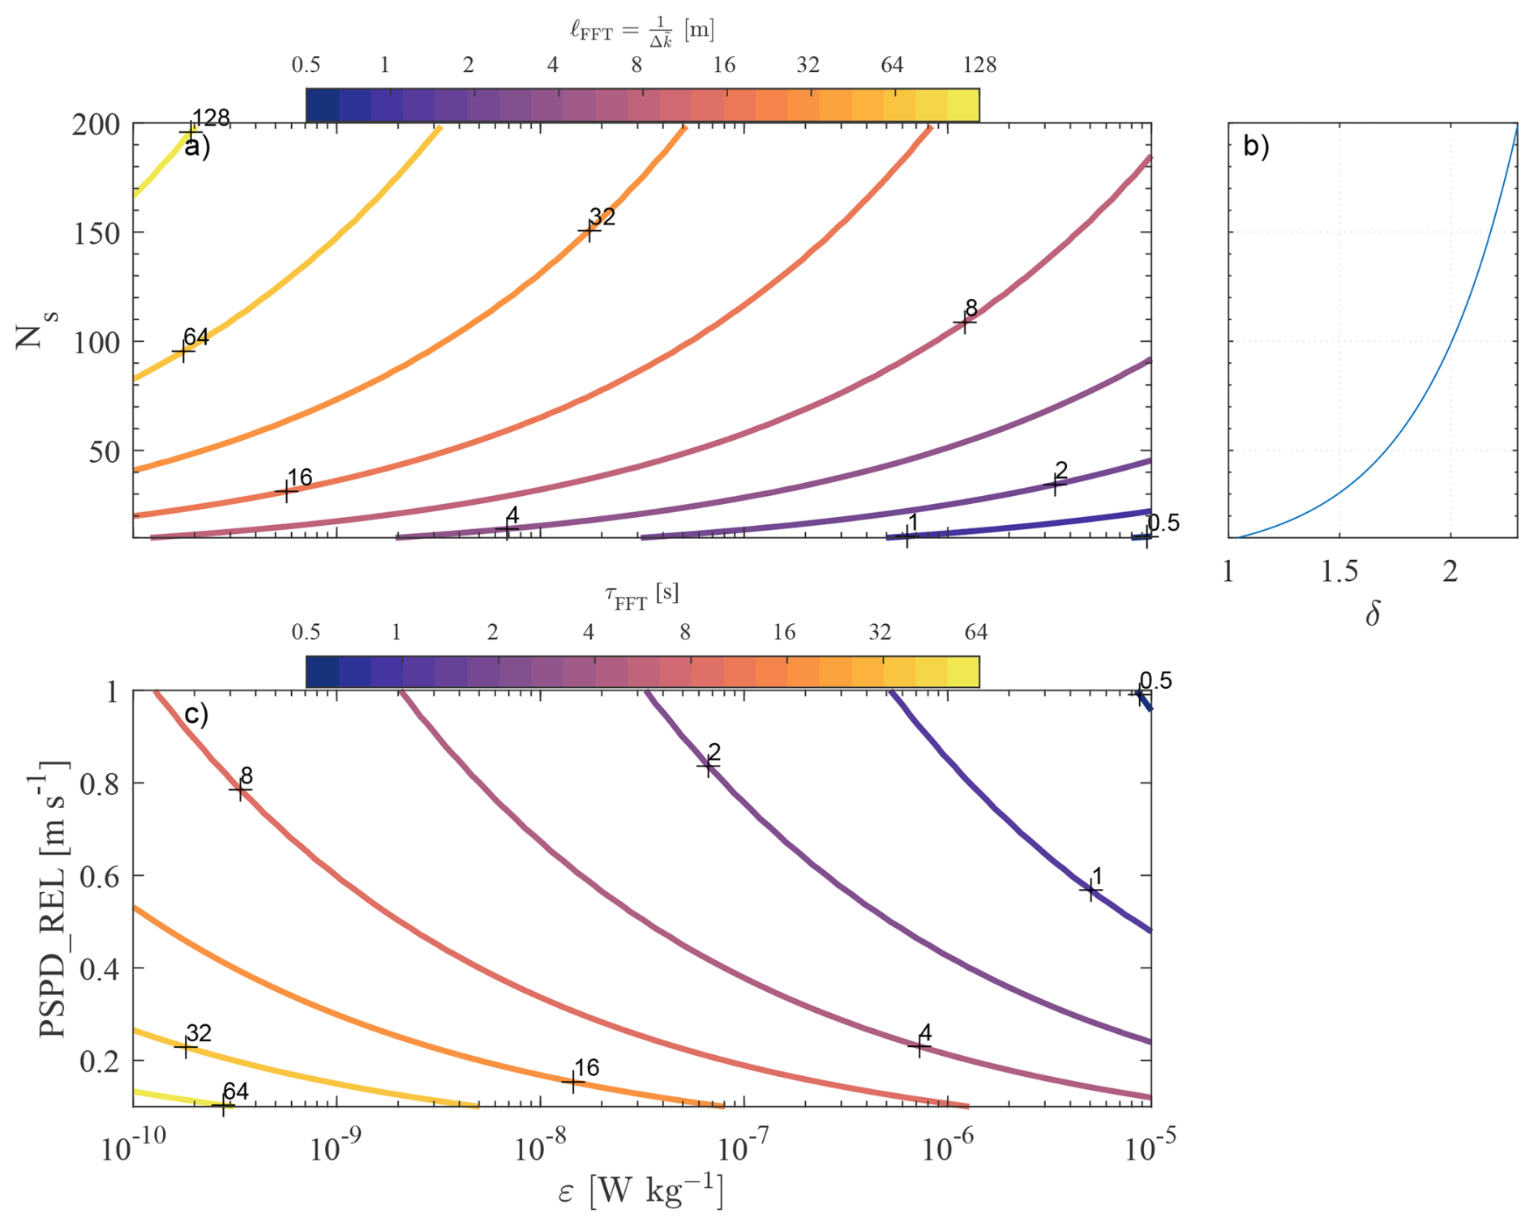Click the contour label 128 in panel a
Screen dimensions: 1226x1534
click(212, 118)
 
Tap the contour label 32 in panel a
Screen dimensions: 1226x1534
click(602, 217)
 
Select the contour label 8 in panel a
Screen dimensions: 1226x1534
click(971, 308)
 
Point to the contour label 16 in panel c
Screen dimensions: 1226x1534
click(586, 1068)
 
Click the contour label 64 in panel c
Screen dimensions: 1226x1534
click(235, 1091)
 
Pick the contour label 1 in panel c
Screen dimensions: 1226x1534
click(1097, 876)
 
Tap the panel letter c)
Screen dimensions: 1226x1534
click(196, 714)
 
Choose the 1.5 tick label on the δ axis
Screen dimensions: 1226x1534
click(1339, 572)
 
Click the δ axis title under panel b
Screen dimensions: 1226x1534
click(1373, 615)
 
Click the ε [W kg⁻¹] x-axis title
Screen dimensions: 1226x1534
click(641, 1191)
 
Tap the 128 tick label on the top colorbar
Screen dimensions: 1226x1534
click(979, 65)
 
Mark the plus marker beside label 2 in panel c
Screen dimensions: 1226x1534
click(708, 764)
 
